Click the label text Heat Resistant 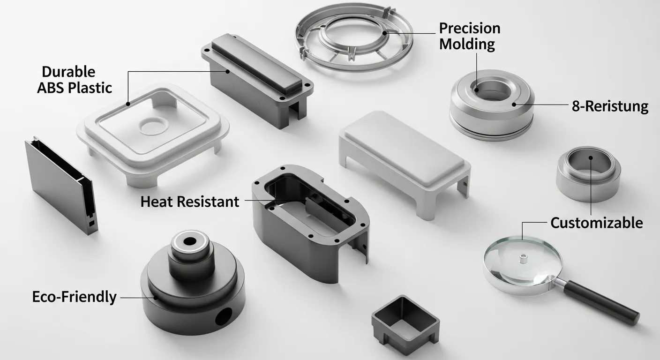(x=190, y=202)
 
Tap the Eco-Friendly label (x=74, y=297)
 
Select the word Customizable (x=596, y=223)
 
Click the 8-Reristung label (x=610, y=106)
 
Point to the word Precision (x=469, y=29)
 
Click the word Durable (x=68, y=72)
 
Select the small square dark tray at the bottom (x=405, y=323)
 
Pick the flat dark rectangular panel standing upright (x=59, y=185)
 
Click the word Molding (x=467, y=45)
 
